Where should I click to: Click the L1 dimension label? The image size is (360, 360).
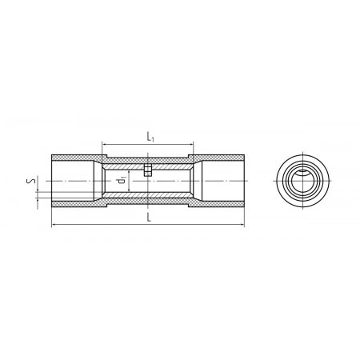(150, 137)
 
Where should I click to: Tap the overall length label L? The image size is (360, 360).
(149, 217)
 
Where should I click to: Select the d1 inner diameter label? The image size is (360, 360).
(122, 180)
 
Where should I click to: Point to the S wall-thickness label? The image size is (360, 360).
(31, 181)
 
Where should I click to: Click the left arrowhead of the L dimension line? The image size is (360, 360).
(54, 225)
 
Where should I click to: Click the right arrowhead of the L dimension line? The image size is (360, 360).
(242, 225)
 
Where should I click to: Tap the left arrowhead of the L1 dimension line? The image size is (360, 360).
(105, 144)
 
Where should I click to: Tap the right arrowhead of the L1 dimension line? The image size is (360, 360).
(190, 144)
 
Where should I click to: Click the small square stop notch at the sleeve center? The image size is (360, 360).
(148, 170)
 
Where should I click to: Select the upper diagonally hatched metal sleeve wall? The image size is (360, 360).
(147, 166)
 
